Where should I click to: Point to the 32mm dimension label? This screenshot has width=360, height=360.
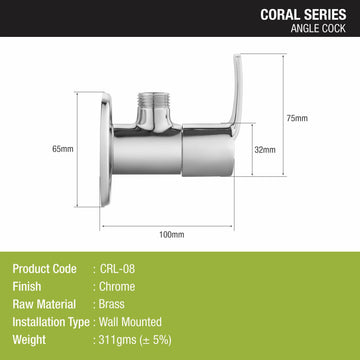coord(265,150)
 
